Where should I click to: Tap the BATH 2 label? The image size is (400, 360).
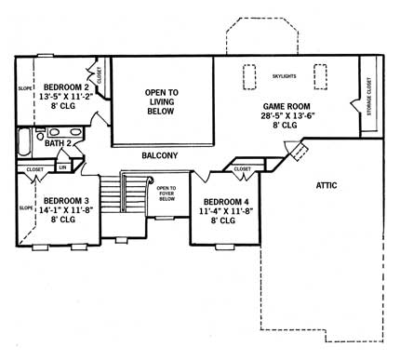coord(60,144)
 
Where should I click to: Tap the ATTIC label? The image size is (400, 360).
coord(325,185)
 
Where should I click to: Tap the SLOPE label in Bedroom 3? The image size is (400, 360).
coord(21,208)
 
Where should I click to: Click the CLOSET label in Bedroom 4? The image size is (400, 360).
coord(242,169)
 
